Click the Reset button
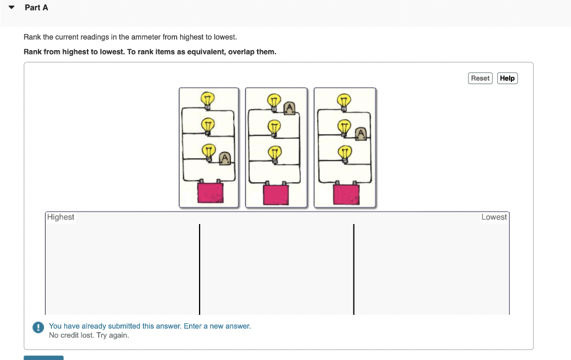(480, 79)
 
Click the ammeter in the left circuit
(225, 158)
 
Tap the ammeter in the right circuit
(361, 133)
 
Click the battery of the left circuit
(210, 193)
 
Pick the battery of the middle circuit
(276, 194)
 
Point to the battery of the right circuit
(346, 194)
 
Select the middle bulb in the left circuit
(207, 125)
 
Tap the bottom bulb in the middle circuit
(274, 152)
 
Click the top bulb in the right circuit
(344, 101)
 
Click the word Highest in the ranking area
(61, 217)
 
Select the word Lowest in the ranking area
(494, 217)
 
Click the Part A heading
(36, 8)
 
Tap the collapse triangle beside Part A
(11, 8)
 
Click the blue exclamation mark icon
(38, 328)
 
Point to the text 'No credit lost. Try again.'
(89, 335)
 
